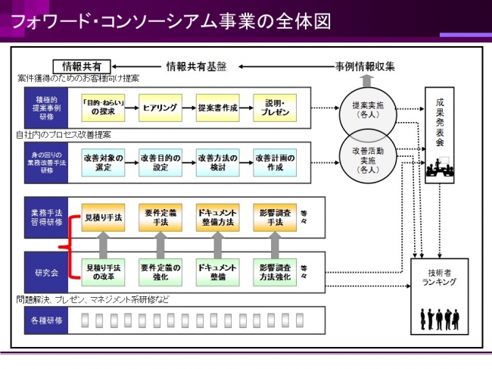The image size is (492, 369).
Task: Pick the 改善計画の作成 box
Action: [275, 162]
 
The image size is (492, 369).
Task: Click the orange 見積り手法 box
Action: [103, 218]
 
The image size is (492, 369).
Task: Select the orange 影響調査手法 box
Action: [275, 218]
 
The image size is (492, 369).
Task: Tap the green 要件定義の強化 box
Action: [160, 271]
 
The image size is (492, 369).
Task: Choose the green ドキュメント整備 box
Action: [218, 271]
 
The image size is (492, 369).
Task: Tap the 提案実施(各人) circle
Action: [366, 111]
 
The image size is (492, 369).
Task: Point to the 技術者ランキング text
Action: [439, 277]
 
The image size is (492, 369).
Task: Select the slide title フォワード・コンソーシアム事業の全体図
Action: [170, 19]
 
